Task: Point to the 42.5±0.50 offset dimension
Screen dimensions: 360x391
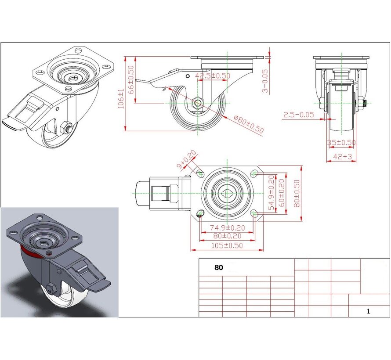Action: pyautogui.click(x=213, y=76)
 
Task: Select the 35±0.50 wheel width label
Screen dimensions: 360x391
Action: pyautogui.click(x=341, y=143)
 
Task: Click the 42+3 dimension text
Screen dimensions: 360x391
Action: pyautogui.click(x=342, y=156)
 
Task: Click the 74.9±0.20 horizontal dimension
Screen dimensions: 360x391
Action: pyautogui.click(x=227, y=228)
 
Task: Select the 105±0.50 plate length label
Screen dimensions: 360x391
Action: pyautogui.click(x=227, y=245)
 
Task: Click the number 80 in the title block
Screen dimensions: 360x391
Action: pyautogui.click(x=218, y=267)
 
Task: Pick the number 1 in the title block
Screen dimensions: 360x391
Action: pyautogui.click(x=368, y=311)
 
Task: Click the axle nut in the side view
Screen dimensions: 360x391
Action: pyautogui.click(x=198, y=104)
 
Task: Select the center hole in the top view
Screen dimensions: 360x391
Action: pyautogui.click(x=227, y=193)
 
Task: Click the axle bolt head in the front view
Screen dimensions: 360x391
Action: pyautogui.click(x=360, y=104)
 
